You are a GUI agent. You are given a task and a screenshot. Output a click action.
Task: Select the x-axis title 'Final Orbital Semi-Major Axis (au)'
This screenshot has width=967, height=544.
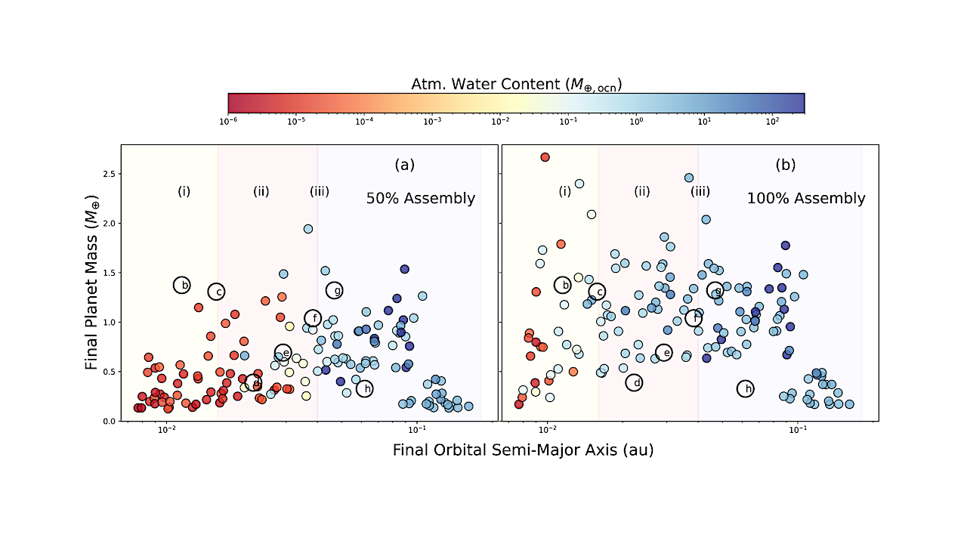pos(523,450)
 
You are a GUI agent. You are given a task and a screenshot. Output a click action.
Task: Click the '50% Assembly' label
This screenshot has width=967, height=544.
pos(421,199)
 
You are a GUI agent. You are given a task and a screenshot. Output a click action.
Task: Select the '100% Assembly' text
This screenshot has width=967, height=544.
pos(806,199)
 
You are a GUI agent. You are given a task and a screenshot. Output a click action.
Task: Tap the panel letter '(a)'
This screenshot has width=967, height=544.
pos(404,165)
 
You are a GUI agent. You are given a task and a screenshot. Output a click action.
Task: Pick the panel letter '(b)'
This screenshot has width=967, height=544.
pos(785,165)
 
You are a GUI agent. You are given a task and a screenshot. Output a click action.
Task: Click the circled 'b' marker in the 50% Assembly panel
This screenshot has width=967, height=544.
pos(181,285)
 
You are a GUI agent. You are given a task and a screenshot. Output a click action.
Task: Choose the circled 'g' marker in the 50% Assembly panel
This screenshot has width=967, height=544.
pos(335,289)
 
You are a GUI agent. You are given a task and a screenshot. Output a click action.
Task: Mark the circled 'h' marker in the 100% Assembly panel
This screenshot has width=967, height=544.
pos(746,388)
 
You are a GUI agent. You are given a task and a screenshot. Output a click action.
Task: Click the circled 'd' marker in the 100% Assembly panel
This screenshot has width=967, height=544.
pos(635,383)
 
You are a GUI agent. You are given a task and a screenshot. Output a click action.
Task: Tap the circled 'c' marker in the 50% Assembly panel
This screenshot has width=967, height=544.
pos(217,292)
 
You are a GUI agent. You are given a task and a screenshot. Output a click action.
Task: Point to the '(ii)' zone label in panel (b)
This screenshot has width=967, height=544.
pos(641,191)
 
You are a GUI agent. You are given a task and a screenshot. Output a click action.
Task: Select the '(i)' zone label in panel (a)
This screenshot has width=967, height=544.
pos(184,191)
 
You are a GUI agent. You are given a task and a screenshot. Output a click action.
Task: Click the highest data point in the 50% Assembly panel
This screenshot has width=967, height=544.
pos(308,229)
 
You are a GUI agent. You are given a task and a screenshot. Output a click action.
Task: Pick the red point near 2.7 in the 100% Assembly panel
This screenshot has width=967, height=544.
pos(545,157)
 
